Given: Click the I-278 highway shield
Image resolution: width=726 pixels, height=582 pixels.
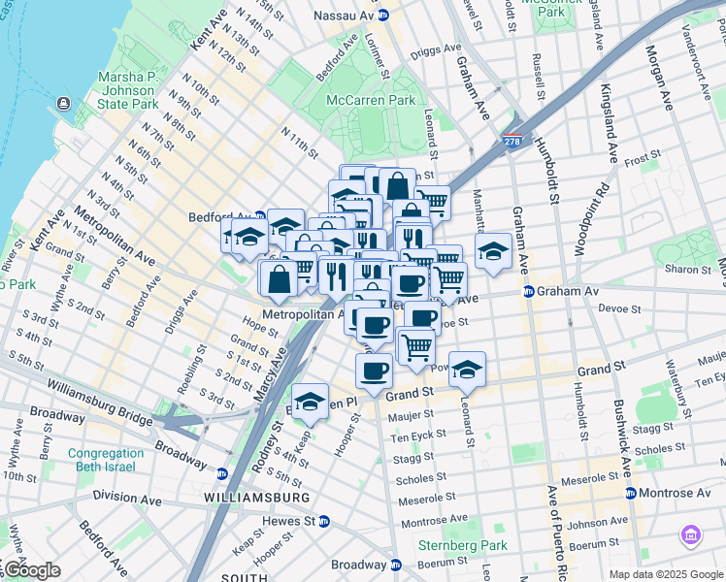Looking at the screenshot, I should point(511,142).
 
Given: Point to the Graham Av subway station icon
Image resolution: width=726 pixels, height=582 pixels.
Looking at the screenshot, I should point(528,291).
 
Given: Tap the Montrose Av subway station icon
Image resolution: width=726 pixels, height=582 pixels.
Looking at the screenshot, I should point(632,494).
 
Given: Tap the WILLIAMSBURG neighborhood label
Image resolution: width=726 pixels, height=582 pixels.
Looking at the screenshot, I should point(257,498).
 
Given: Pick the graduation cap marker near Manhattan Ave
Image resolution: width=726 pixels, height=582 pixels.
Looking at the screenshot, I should point(493,250).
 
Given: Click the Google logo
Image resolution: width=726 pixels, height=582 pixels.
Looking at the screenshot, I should point(32,570).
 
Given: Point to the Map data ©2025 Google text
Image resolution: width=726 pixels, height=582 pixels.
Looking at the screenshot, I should point(665,574).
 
